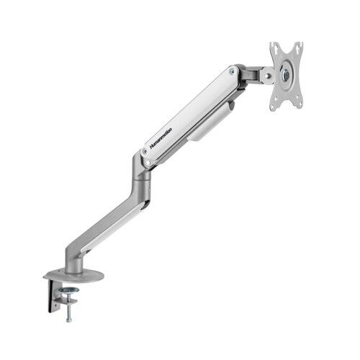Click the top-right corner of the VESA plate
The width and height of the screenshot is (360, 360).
[x=301, y=45]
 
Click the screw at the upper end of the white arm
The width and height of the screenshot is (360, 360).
[x=233, y=73]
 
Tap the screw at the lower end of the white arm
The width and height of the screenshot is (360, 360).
[x=148, y=163]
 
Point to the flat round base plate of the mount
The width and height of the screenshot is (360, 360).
[x=73, y=276]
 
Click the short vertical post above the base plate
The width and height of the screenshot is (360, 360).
[x=71, y=264]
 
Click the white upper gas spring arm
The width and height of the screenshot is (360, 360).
[x=191, y=119]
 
